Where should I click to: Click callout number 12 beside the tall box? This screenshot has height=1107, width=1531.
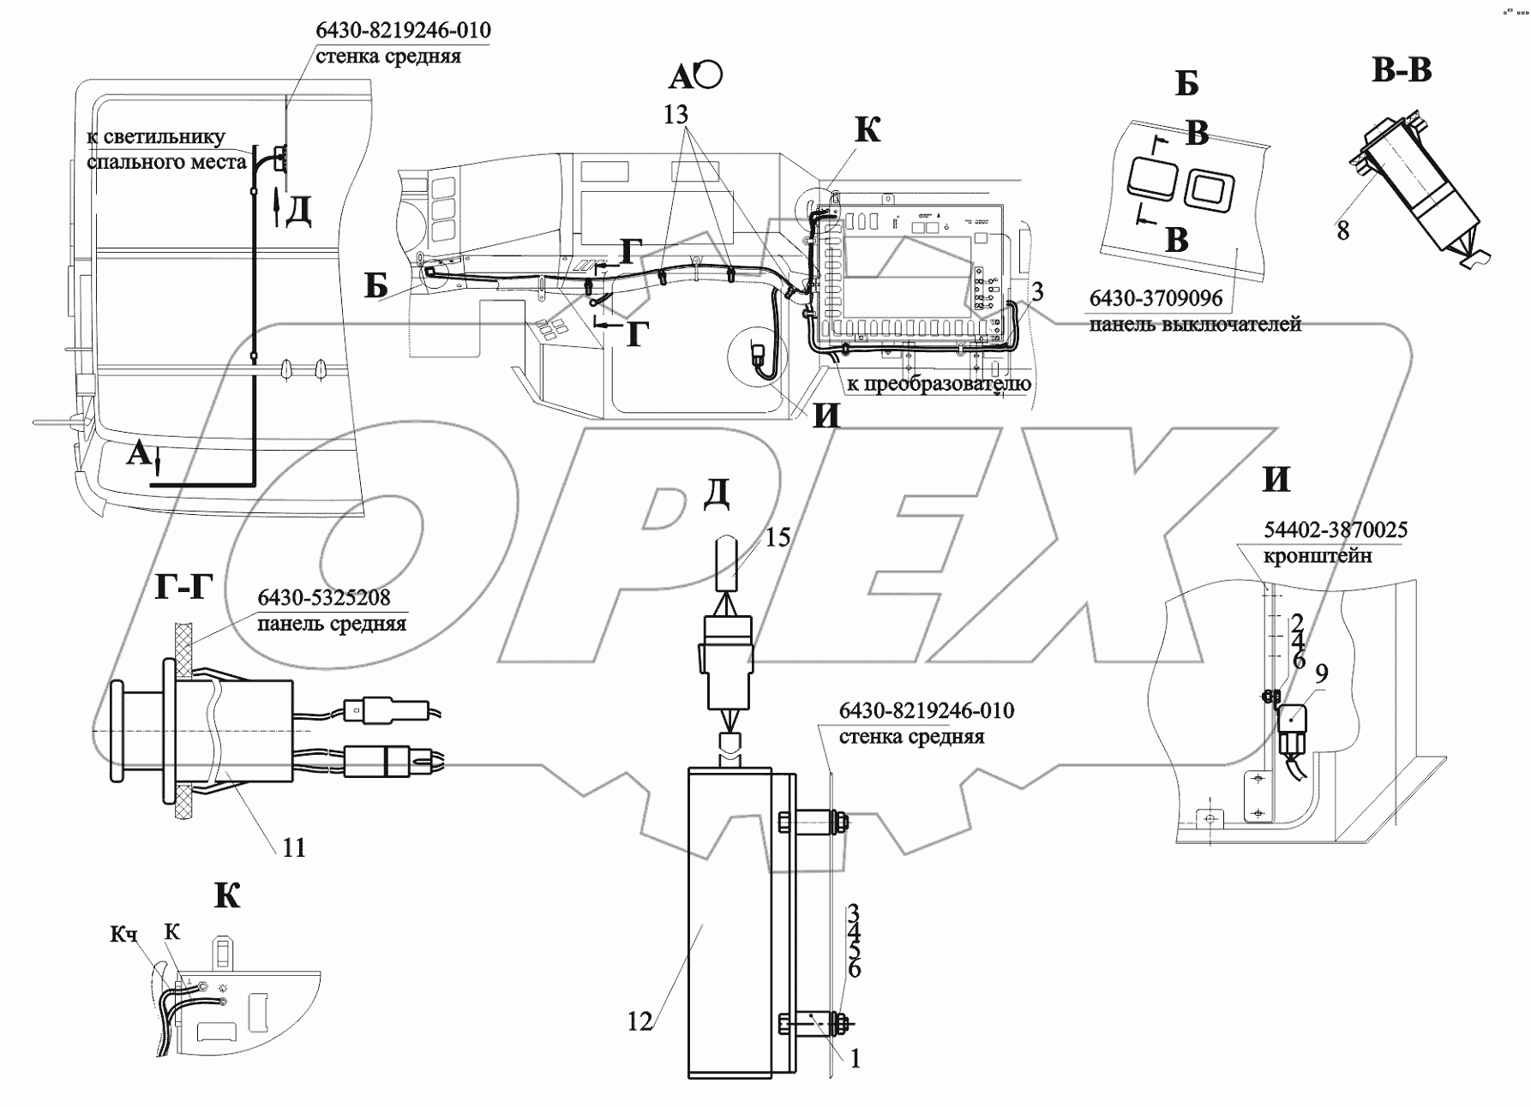(639, 1020)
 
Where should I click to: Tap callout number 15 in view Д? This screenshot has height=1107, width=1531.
(778, 538)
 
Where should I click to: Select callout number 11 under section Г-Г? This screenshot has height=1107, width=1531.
(294, 847)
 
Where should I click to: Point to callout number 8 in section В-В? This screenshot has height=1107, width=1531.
(1342, 230)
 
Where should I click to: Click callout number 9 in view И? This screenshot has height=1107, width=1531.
(1321, 673)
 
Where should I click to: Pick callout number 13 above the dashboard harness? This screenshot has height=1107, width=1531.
(676, 114)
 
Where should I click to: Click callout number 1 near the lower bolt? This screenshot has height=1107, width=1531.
(855, 1059)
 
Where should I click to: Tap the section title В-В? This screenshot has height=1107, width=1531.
(1402, 70)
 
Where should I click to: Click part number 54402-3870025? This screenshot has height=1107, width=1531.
(1335, 530)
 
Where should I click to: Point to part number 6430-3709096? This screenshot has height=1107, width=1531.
(1156, 299)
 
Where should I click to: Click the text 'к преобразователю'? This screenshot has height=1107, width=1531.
(939, 384)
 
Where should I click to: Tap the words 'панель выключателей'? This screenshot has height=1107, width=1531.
(1195, 325)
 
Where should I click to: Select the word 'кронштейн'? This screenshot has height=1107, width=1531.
(1317, 555)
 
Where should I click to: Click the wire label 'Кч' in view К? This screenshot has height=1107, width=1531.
(123, 934)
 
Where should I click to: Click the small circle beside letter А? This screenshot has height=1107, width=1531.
(709, 75)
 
